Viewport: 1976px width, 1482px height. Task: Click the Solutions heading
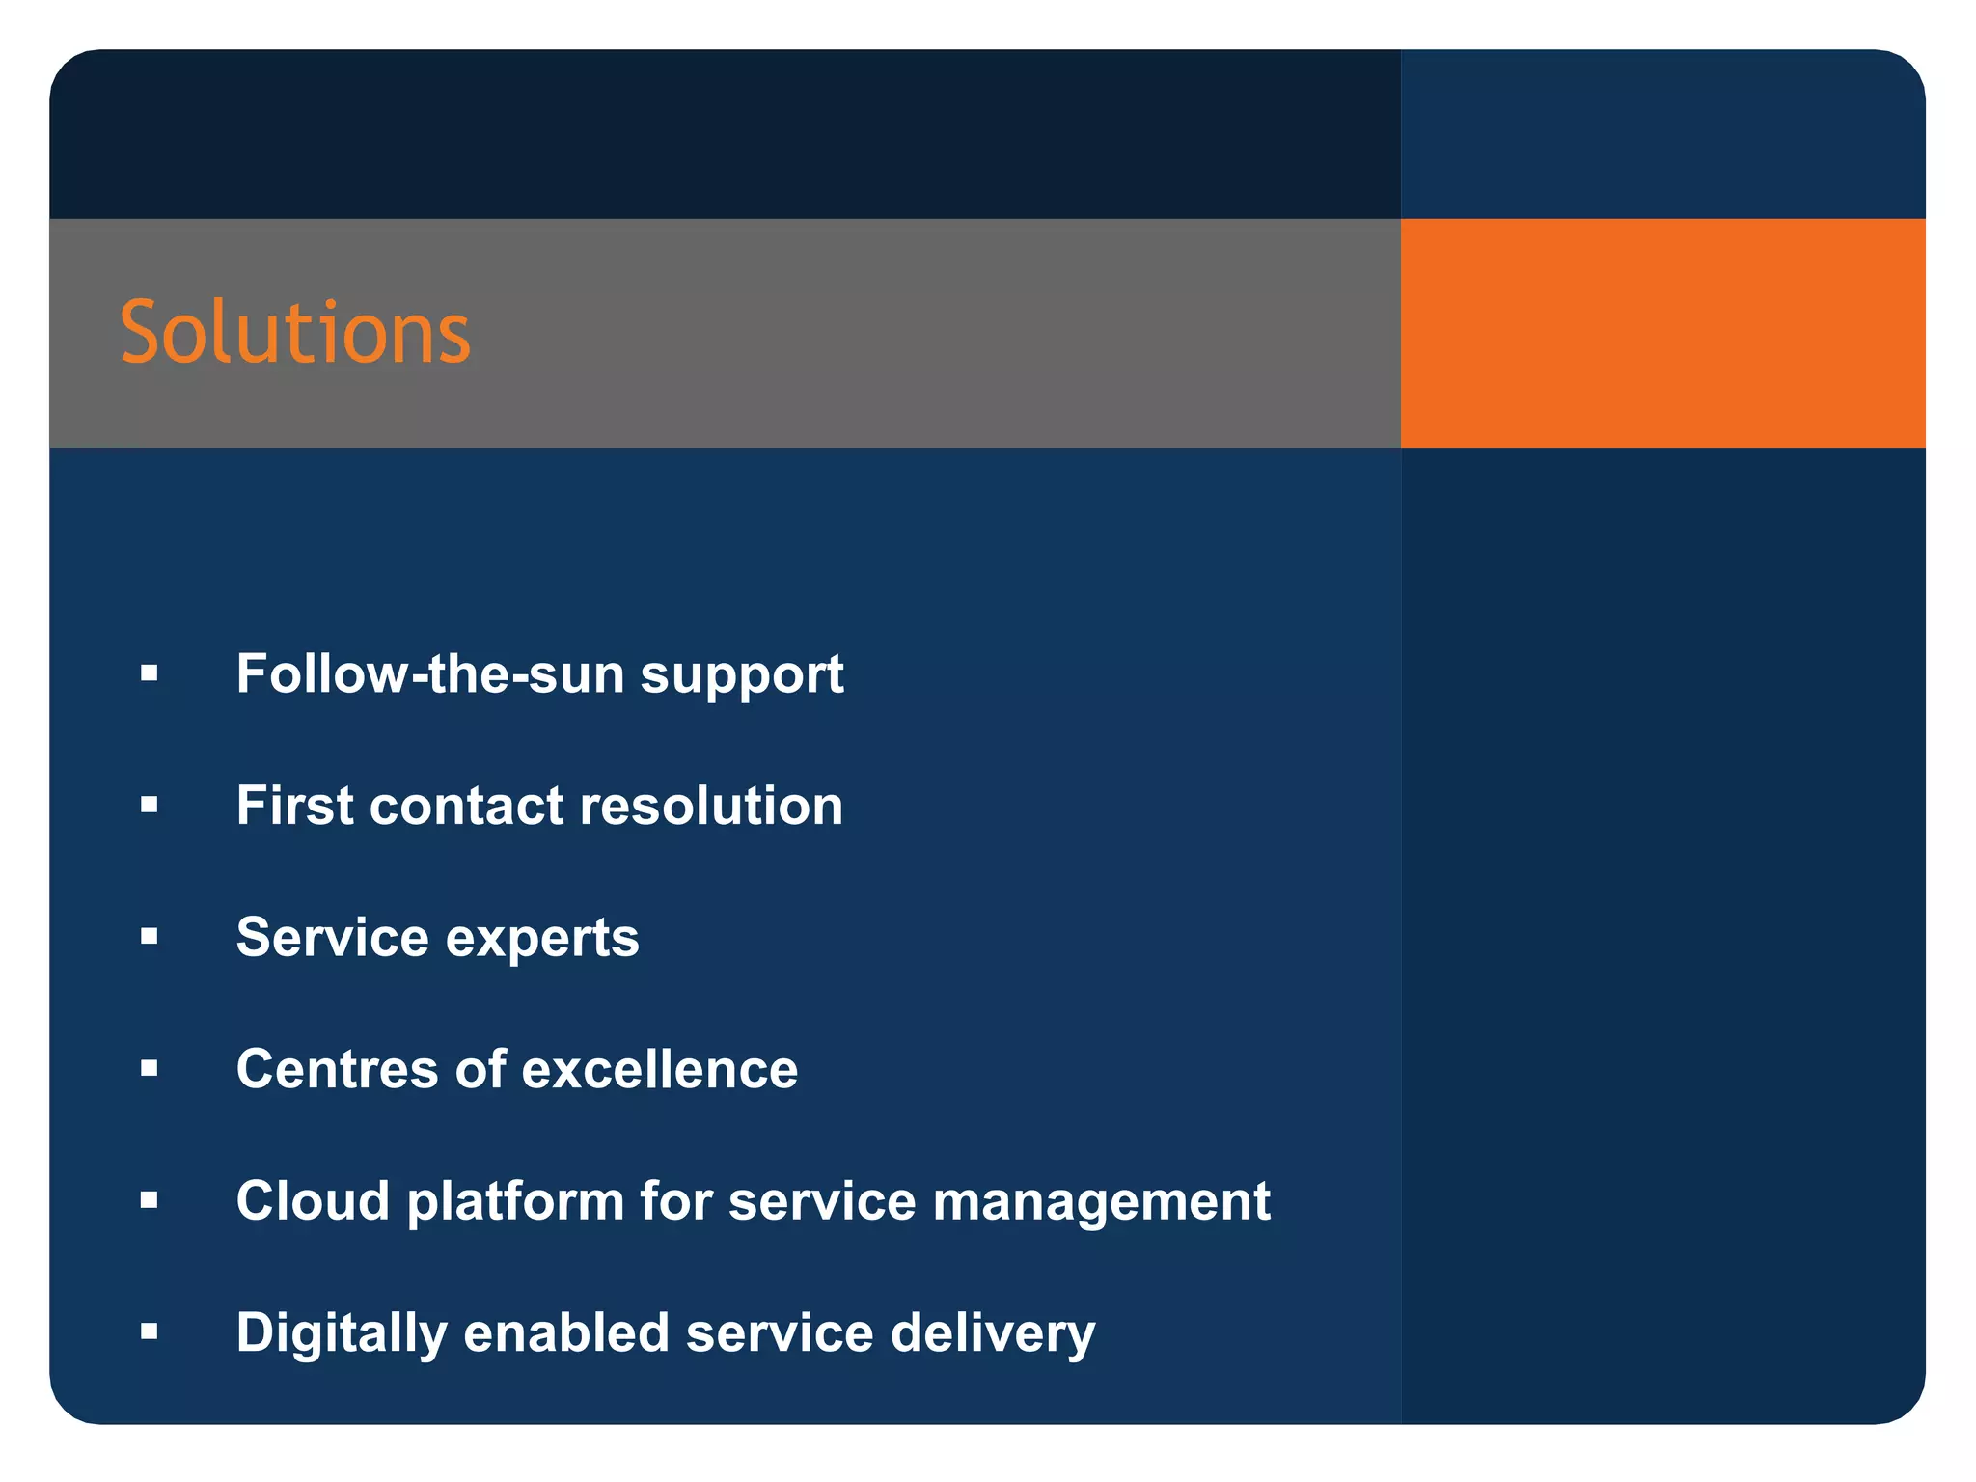[x=294, y=333]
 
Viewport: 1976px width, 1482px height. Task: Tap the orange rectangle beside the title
[x=1661, y=333]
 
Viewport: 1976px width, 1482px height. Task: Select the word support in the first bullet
[x=742, y=675]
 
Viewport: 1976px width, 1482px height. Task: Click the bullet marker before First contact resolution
[x=149, y=805]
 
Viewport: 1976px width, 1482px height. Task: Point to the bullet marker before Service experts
[x=149, y=936]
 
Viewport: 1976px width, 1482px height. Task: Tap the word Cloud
[x=313, y=1200]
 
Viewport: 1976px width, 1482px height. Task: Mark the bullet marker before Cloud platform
[x=149, y=1200]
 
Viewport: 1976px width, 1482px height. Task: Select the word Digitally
[x=341, y=1334]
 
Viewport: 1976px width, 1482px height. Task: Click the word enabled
[x=565, y=1332]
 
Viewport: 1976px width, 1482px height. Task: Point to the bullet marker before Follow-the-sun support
[x=149, y=672]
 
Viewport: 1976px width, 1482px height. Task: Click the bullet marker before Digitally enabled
[x=149, y=1332]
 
